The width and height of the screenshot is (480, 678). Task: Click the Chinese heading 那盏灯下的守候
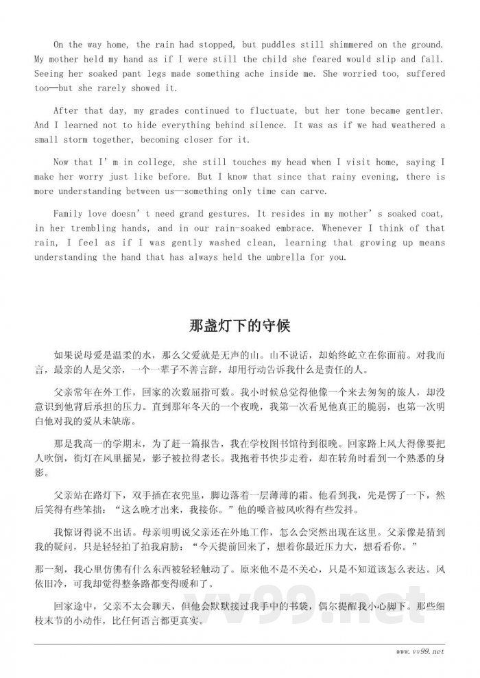coord(239,325)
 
